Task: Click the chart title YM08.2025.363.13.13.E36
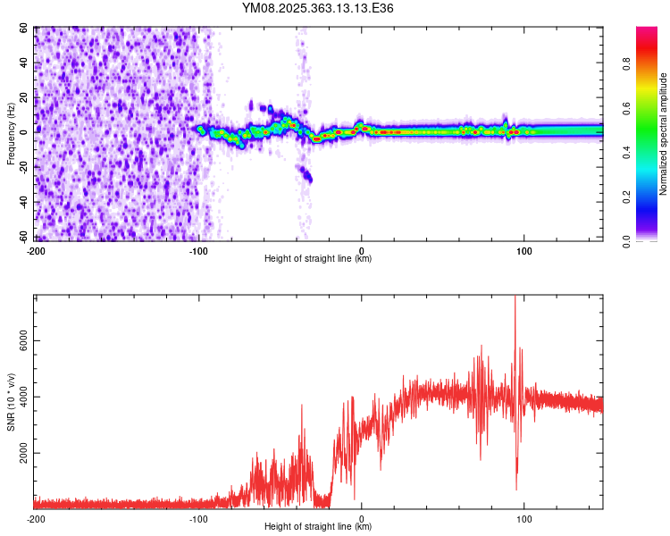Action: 318,8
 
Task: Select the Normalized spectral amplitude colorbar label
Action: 664,134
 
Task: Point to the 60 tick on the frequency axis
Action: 25,28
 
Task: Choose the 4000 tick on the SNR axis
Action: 20,398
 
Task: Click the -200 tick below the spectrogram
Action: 36,249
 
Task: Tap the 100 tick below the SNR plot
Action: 523,518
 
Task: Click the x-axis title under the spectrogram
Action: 318,258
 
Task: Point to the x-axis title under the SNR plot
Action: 318,527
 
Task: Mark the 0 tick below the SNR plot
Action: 361,518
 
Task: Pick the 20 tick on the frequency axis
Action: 25,97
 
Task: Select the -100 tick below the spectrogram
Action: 198,249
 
